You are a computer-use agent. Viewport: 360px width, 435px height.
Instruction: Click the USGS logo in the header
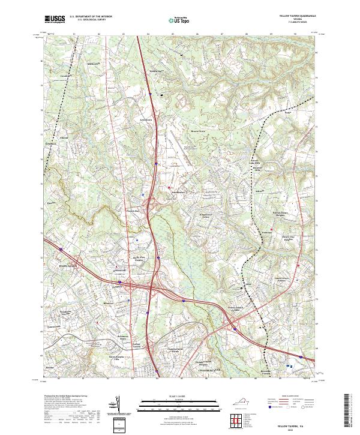click(55, 20)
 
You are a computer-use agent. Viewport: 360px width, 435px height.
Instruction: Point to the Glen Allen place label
click(52, 264)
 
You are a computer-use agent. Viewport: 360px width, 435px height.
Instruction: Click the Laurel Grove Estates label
click(282, 279)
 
